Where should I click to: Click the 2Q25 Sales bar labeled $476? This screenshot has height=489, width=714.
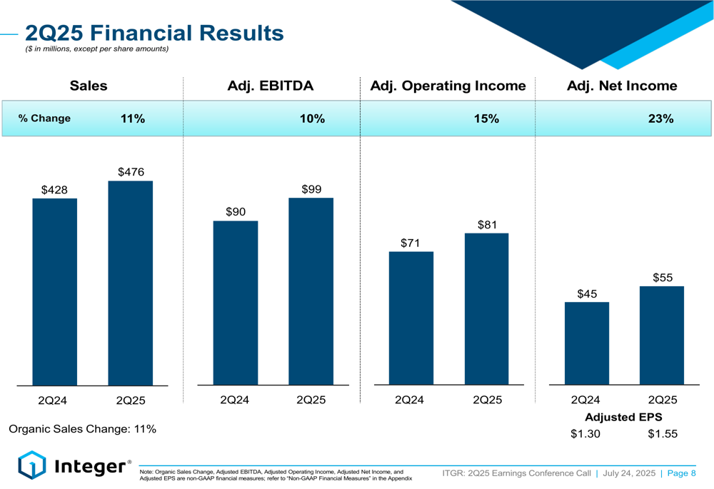[130, 283]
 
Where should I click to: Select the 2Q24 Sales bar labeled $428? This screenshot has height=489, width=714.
[54, 291]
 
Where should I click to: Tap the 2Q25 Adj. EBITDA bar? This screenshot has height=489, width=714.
[311, 291]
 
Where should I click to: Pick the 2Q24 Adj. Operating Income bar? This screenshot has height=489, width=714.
[411, 318]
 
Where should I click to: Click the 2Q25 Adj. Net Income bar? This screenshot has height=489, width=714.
[662, 336]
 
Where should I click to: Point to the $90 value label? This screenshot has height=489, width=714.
[236, 212]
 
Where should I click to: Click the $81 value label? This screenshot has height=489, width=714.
[487, 225]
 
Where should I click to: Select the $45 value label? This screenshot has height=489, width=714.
[587, 294]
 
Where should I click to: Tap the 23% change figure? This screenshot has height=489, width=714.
[661, 119]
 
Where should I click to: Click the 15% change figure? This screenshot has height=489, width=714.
[486, 119]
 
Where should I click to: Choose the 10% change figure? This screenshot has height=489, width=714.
[312, 119]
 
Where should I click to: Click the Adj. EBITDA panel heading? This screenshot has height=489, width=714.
[270, 86]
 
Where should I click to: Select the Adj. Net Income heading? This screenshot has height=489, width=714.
[622, 86]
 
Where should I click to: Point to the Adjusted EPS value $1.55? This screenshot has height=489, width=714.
[662, 434]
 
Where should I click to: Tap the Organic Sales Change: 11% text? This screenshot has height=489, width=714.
[82, 429]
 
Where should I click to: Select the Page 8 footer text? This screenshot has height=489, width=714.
[681, 473]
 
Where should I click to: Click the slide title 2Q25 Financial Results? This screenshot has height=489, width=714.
[154, 32]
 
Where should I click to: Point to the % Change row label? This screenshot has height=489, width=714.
[44, 119]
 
